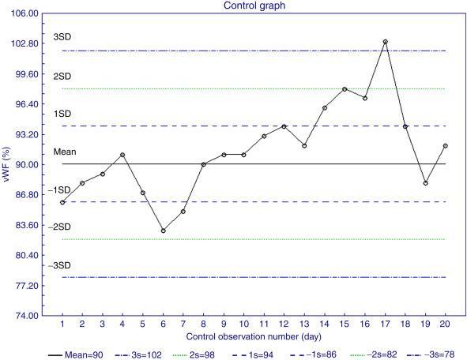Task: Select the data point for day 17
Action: point(385,42)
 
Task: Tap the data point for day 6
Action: point(163,231)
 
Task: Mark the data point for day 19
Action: point(426,183)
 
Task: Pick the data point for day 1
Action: point(62,203)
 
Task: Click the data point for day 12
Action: point(284,126)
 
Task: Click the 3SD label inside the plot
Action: point(62,38)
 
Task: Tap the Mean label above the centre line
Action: point(63,151)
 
